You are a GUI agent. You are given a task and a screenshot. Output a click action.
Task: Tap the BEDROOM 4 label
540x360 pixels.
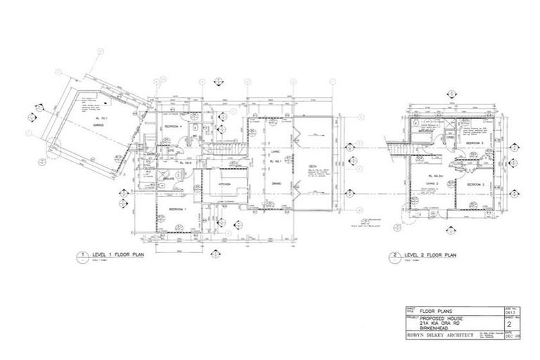click(173, 126)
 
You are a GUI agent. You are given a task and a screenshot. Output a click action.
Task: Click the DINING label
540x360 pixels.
click(276, 184)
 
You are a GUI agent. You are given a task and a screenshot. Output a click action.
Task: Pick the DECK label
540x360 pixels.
click(313, 167)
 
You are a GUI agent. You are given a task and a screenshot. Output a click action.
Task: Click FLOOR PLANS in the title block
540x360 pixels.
click(433, 309)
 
